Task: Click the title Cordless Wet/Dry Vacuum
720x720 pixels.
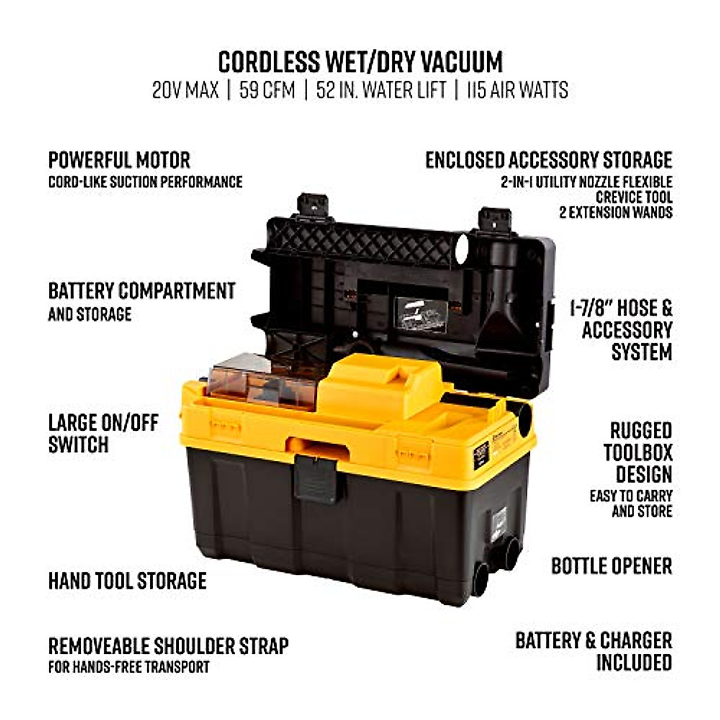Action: [360, 62]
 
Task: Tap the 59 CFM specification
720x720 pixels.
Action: [267, 91]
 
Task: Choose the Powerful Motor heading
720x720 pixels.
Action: [119, 160]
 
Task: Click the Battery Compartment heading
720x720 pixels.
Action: [142, 291]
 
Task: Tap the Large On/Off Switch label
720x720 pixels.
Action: [103, 433]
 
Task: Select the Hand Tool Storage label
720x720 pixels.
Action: [127, 581]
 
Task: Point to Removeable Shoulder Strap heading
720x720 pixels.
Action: [168, 646]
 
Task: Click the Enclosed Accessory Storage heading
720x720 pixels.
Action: [548, 160]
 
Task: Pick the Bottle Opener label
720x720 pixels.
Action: [611, 566]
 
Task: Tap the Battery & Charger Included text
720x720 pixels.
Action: [593, 651]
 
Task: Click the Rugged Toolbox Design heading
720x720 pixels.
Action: [638, 452]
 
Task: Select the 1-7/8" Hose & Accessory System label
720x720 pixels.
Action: [621, 330]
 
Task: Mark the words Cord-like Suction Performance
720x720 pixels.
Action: [145, 182]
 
